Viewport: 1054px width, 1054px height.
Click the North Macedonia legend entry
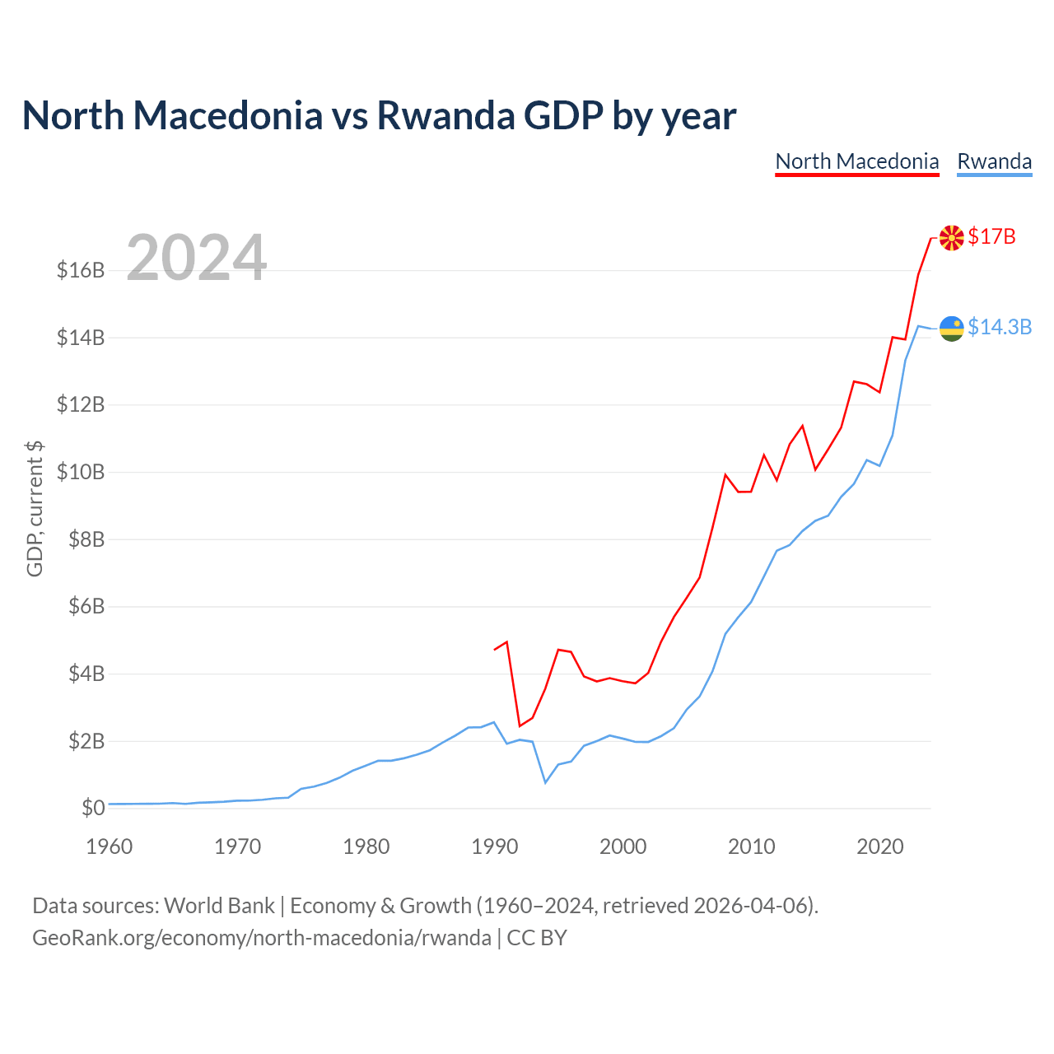(x=856, y=162)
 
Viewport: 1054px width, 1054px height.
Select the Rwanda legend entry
(x=994, y=162)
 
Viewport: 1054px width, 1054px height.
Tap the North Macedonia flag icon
(x=951, y=238)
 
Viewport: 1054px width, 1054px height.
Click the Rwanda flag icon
(x=951, y=329)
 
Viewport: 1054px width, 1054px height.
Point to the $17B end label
(x=991, y=237)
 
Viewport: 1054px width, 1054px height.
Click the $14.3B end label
(x=1000, y=327)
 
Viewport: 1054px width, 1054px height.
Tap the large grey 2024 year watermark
(x=196, y=257)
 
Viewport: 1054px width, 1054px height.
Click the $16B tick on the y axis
(x=81, y=270)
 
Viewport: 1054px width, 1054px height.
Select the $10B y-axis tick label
(x=81, y=472)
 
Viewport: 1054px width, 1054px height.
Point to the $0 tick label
(x=93, y=808)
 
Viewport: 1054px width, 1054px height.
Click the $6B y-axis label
(x=86, y=606)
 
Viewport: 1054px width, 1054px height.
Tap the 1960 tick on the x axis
(x=110, y=846)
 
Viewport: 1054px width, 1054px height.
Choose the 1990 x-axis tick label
(x=494, y=846)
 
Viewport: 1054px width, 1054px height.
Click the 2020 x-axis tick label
(x=879, y=846)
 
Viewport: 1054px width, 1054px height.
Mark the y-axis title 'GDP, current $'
(x=35, y=509)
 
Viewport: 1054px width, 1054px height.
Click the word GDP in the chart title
(x=563, y=116)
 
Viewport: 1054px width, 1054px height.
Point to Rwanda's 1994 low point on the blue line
(x=545, y=783)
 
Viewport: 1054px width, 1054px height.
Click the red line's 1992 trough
(x=520, y=725)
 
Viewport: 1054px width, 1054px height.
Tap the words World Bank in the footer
(x=219, y=906)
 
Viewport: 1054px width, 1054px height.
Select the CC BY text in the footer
(x=537, y=938)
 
